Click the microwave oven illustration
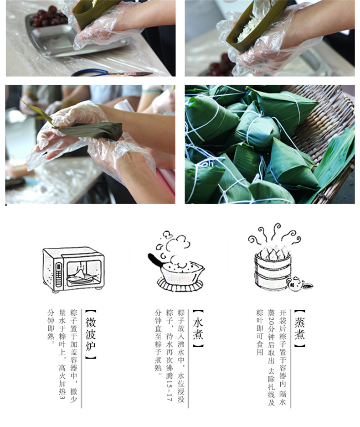coord(73,269)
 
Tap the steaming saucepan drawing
coord(176,262)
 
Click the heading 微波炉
coord(91,334)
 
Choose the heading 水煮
coord(198,328)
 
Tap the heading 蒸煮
coord(299,328)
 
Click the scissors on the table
coord(112,73)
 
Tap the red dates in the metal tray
coord(49,17)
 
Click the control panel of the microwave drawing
coord(58,275)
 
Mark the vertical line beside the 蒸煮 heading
coord(290,359)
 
